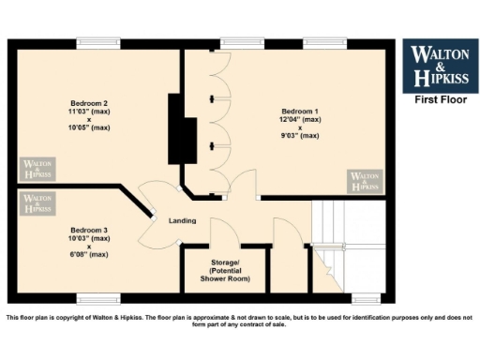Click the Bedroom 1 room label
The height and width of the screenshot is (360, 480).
click(x=299, y=111)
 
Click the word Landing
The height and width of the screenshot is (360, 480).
click(x=182, y=221)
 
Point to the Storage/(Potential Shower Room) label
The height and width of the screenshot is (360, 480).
click(x=224, y=271)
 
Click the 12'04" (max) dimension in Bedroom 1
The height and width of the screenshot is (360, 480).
click(x=299, y=119)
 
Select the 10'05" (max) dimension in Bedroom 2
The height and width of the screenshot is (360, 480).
click(x=90, y=127)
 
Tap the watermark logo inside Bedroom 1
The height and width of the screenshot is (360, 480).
click(x=366, y=181)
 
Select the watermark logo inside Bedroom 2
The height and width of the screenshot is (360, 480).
click(x=38, y=168)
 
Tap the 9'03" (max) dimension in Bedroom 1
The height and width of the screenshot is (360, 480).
click(x=299, y=136)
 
